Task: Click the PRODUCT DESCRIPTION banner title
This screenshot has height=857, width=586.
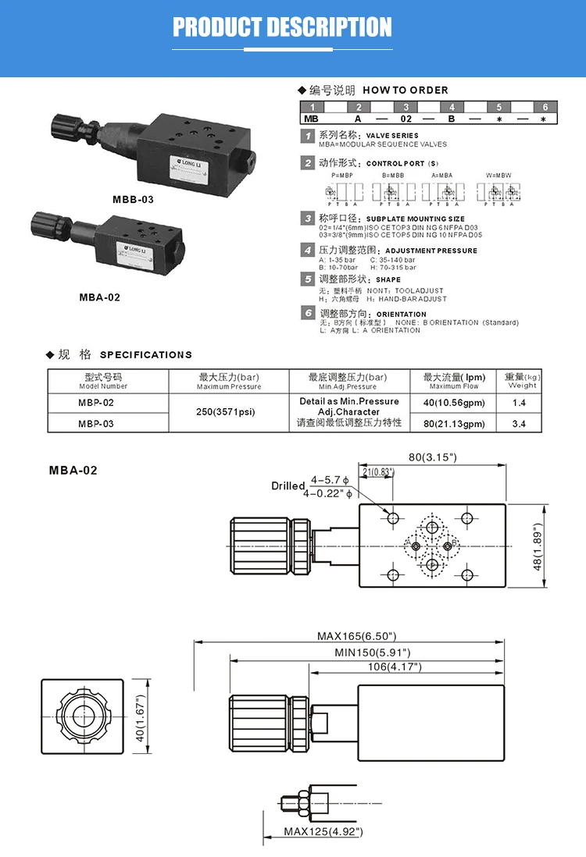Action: (x=282, y=28)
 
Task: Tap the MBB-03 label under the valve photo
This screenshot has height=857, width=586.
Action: (x=133, y=199)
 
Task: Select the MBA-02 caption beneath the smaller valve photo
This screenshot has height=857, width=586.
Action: (x=100, y=297)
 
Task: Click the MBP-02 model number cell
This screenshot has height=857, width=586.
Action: (x=95, y=403)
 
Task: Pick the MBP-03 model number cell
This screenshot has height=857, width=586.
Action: (x=95, y=424)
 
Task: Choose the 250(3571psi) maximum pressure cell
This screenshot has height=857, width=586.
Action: (x=227, y=412)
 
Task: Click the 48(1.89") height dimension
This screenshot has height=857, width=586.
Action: (x=538, y=546)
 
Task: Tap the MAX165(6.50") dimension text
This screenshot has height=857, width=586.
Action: (x=357, y=636)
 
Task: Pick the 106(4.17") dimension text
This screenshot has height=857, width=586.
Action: (x=395, y=667)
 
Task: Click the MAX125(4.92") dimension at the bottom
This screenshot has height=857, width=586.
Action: (x=323, y=831)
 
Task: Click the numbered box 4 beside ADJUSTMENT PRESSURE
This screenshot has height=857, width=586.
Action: (x=309, y=250)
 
